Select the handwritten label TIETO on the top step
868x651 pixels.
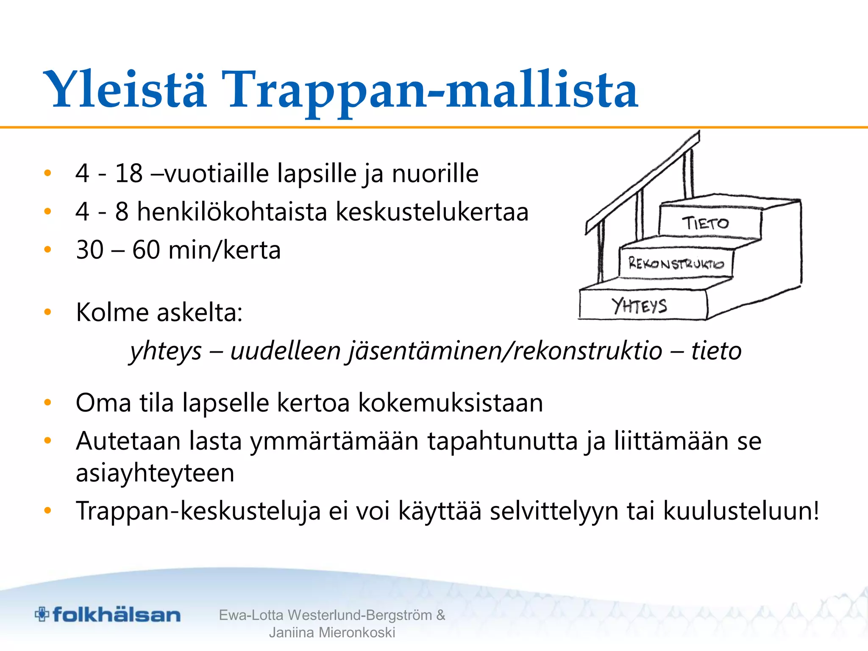click(x=705, y=223)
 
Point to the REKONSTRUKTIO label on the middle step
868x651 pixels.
click(x=676, y=264)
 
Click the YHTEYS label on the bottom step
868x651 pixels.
click(x=640, y=306)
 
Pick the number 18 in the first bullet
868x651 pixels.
click(x=129, y=173)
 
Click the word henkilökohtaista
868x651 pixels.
click(x=232, y=211)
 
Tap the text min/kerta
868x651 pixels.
click(x=224, y=250)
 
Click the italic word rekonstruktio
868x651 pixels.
click(x=587, y=351)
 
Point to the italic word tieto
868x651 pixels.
click(x=716, y=351)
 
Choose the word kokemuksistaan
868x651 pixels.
click(x=450, y=403)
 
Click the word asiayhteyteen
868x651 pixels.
click(x=155, y=473)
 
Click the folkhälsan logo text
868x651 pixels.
click(x=117, y=615)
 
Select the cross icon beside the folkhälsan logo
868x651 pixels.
click(x=42, y=614)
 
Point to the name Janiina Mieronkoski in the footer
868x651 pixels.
click(x=332, y=632)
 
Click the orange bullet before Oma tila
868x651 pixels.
click(x=47, y=403)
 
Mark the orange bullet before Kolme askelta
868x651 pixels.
click(x=47, y=312)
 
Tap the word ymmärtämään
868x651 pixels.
click(x=334, y=441)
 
